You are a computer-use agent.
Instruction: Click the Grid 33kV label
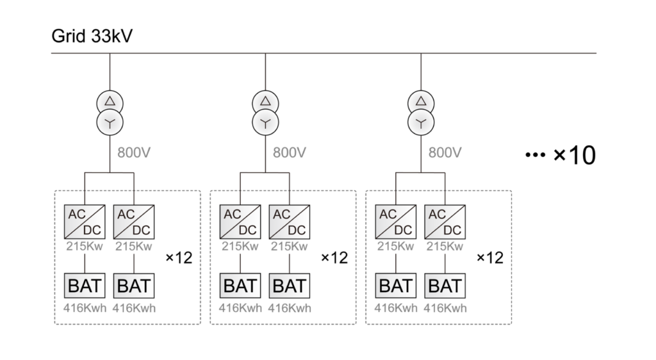[92, 37]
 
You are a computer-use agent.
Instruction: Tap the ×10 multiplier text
[574, 155]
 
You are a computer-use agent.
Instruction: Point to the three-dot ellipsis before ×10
[534, 156]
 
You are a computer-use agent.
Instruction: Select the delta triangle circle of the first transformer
[110, 101]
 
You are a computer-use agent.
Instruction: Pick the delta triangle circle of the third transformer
[421, 101]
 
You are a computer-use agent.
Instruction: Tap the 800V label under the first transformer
[134, 153]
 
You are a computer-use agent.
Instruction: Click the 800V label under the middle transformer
[290, 153]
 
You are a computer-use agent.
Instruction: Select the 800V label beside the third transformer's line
[445, 153]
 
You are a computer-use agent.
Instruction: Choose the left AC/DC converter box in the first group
[85, 222]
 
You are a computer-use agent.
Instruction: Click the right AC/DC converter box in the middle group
[290, 222]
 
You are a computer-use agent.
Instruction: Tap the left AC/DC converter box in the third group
[396, 222]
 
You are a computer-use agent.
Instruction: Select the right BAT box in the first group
[134, 285]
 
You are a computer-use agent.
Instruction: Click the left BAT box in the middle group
[240, 285]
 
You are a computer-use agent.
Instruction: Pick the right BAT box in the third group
[445, 285]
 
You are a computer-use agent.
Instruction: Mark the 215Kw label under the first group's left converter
[85, 247]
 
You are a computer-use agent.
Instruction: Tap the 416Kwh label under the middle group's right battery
[290, 308]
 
